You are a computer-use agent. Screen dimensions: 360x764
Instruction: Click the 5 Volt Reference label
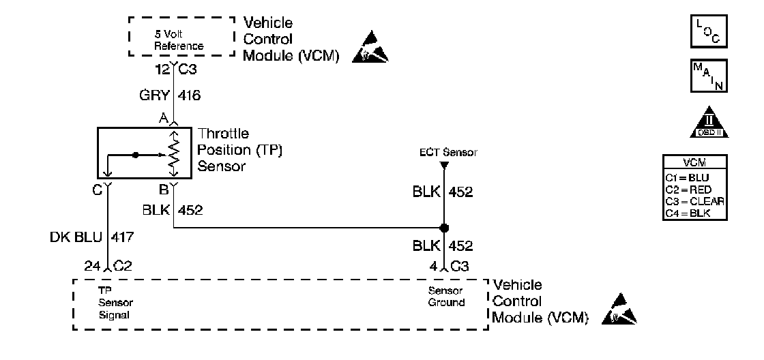pos(177,40)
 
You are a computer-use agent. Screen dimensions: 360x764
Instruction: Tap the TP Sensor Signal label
pos(113,302)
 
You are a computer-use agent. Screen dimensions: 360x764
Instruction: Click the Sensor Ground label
pos(446,297)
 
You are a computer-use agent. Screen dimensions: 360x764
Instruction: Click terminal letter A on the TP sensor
pos(164,119)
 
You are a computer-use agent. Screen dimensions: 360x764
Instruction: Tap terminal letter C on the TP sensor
pos(98,190)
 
